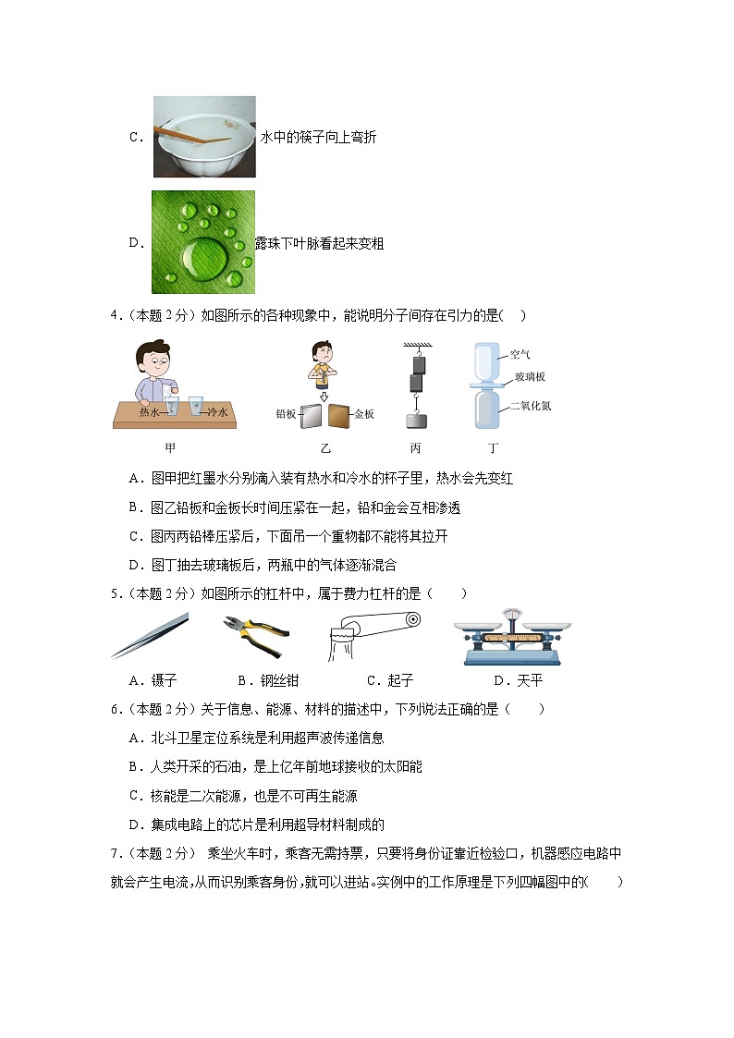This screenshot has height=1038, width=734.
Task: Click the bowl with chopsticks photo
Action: [203, 137]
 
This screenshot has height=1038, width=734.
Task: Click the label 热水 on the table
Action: [150, 411]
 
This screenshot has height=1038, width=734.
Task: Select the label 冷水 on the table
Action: [217, 411]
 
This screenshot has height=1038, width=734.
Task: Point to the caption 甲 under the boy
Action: [170, 448]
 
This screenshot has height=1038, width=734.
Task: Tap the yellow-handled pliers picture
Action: [256, 635]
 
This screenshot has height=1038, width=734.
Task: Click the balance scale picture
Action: [511, 637]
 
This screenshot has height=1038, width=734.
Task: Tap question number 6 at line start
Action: [115, 709]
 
